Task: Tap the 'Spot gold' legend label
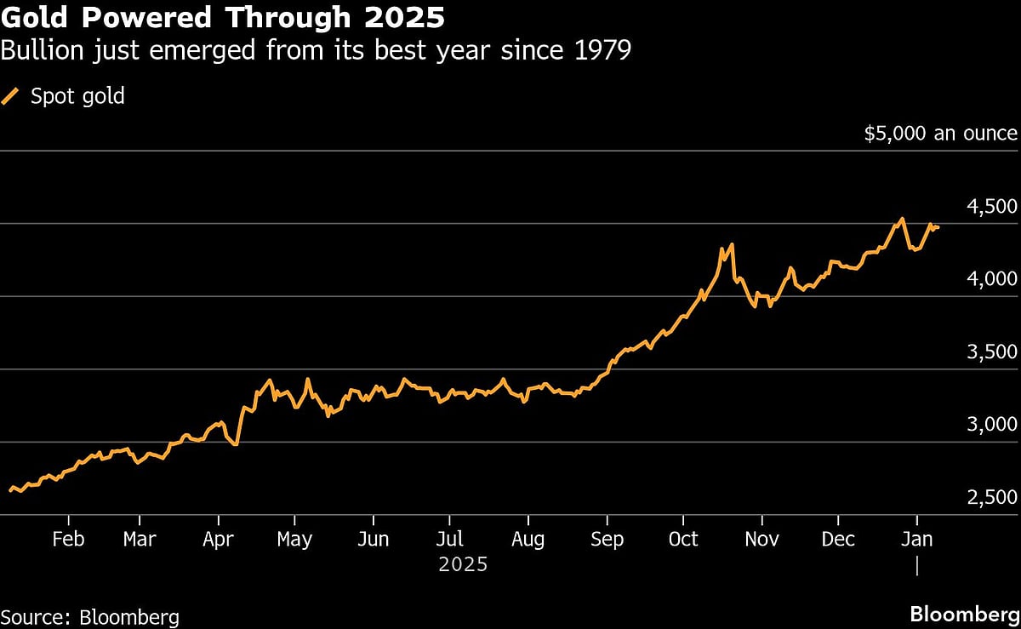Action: click(x=77, y=96)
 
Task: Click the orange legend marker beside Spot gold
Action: click(x=12, y=96)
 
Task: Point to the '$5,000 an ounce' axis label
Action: click(x=939, y=134)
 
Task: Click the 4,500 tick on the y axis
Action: click(x=992, y=207)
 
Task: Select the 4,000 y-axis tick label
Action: click(x=992, y=279)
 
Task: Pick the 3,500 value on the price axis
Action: click(x=992, y=352)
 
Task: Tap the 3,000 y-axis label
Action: click(x=992, y=425)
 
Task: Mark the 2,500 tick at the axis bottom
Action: click(x=992, y=498)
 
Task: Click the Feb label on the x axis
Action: click(x=67, y=539)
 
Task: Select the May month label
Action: click(x=294, y=539)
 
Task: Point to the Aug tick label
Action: click(x=528, y=539)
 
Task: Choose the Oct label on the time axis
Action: click(x=682, y=539)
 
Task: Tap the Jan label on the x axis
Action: click(x=916, y=539)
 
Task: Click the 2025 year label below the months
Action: click(x=463, y=563)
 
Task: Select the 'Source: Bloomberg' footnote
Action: click(x=90, y=616)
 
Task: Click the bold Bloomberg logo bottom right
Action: click(x=963, y=615)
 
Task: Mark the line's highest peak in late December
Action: click(x=902, y=219)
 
